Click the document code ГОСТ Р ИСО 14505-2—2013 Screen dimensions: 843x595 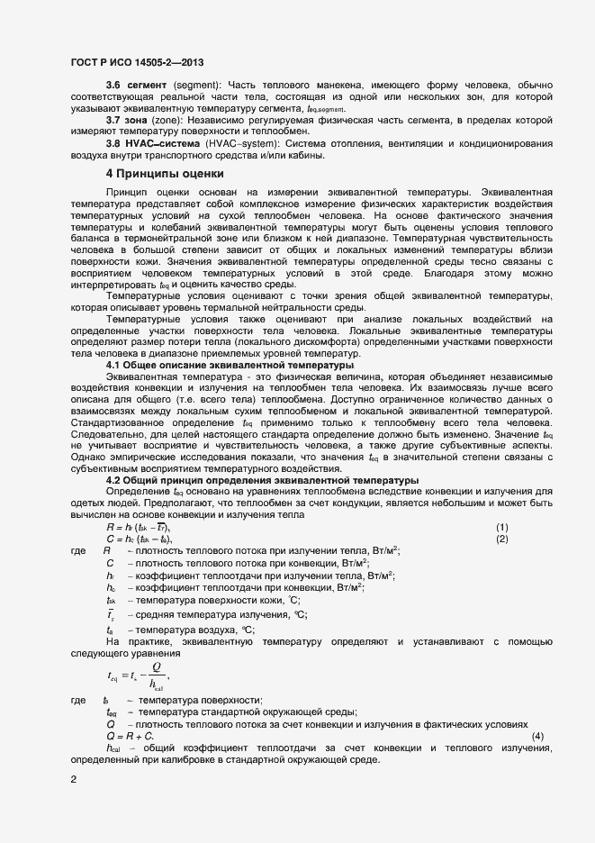coord(136,62)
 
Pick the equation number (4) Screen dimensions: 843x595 coord(537,736)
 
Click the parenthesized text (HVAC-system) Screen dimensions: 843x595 coord(239,143)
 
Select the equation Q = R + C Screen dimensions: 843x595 coord(130,736)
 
